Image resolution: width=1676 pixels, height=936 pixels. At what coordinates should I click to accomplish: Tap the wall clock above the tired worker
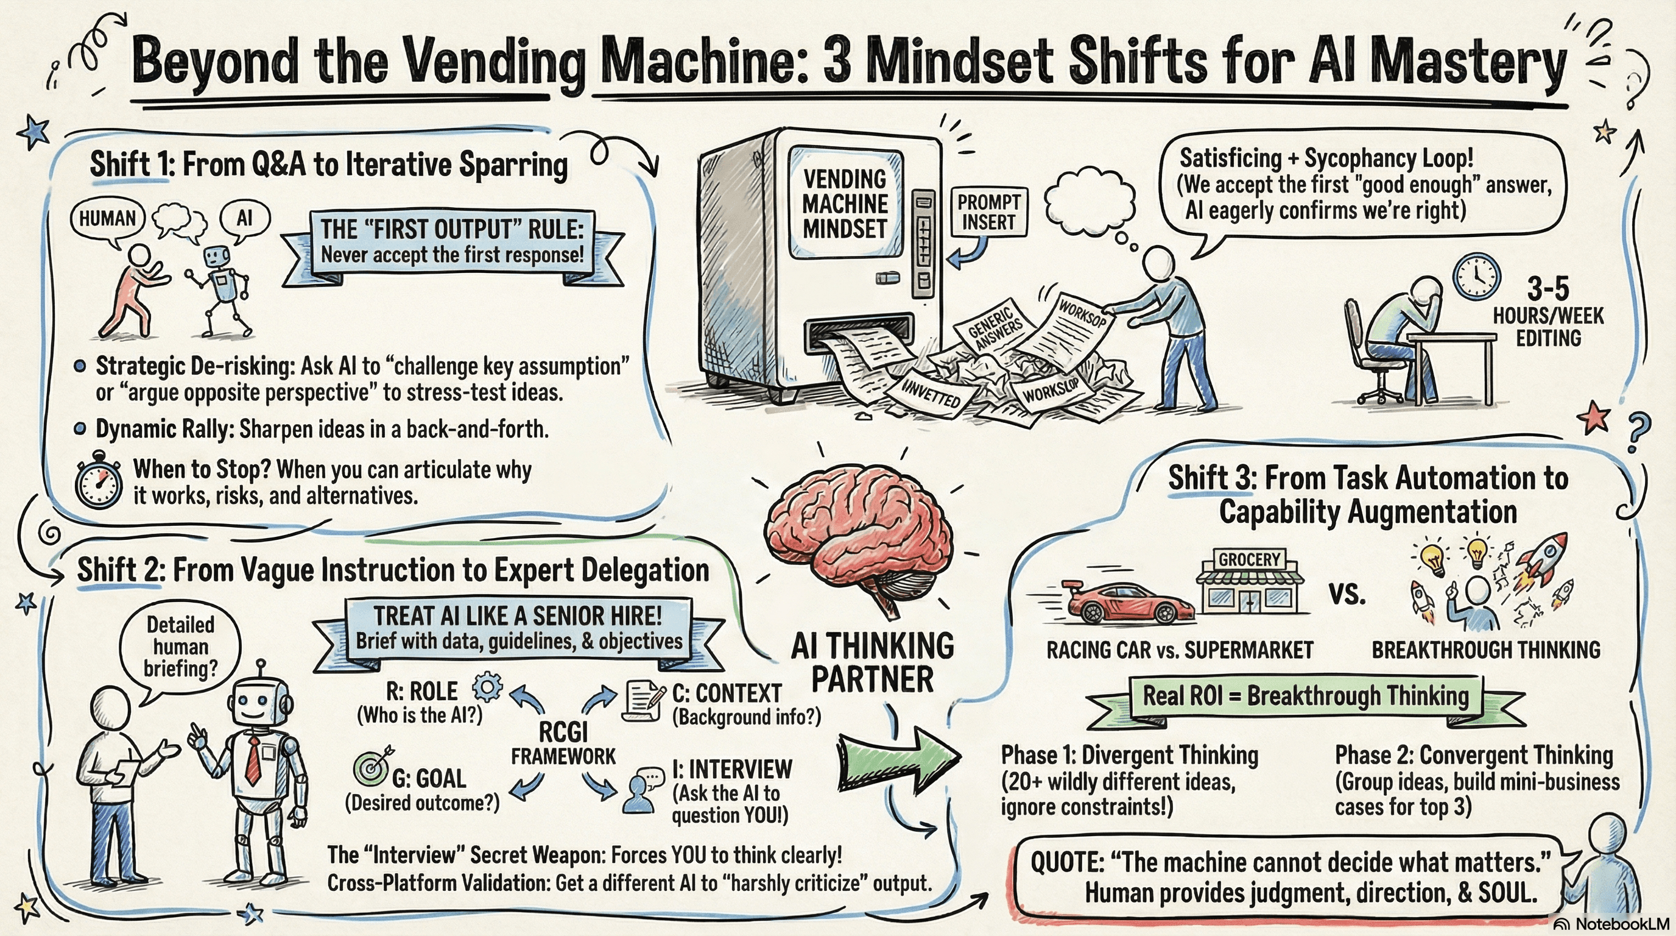[1476, 276]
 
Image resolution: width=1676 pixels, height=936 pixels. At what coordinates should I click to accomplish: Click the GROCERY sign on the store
[1249, 559]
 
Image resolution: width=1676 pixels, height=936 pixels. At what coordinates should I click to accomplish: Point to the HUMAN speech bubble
[107, 219]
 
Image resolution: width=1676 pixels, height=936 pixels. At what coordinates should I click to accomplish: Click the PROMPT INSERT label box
[988, 212]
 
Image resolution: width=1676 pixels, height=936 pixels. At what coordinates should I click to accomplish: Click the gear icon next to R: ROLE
[487, 687]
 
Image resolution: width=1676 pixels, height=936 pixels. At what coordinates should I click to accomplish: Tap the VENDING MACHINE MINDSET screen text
[845, 204]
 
